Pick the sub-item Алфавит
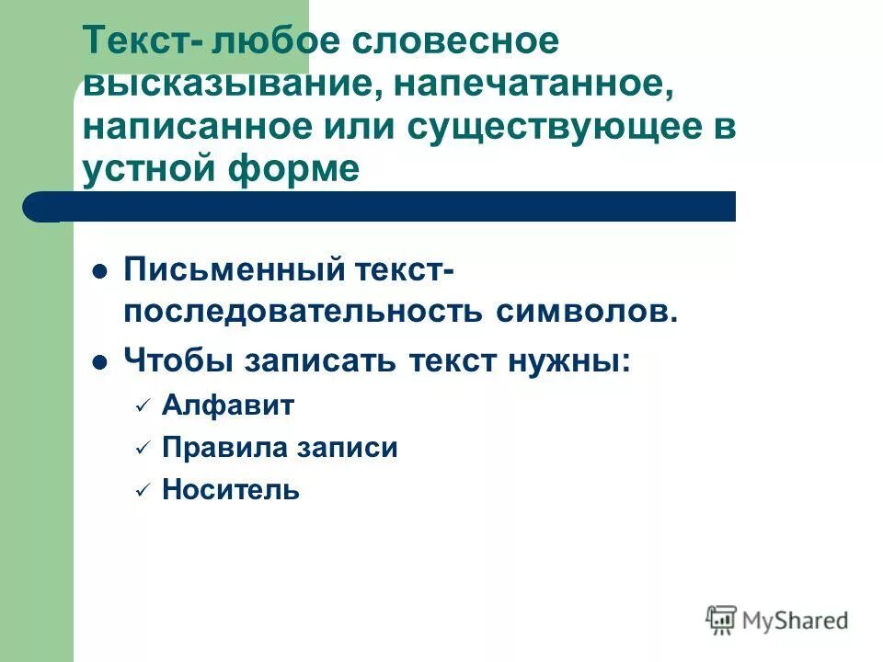coord(227,405)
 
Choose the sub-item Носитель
coord(230,489)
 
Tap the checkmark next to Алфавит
coord(142,406)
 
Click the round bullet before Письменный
coord(101,272)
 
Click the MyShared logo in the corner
coord(778,620)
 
